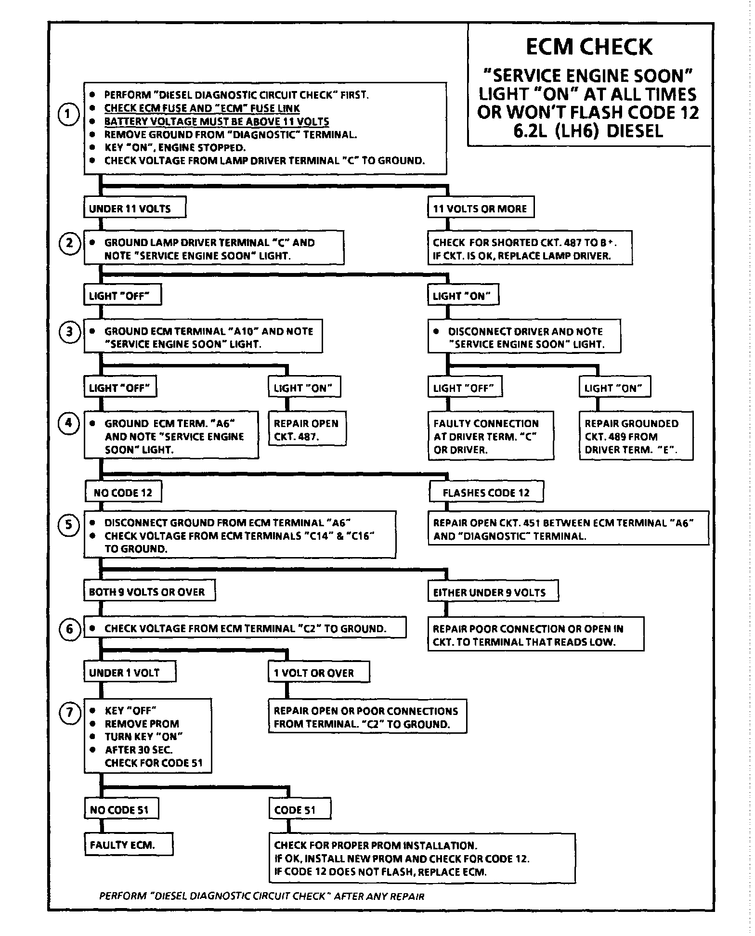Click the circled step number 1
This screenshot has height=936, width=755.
(69, 115)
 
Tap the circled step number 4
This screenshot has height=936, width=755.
(69, 423)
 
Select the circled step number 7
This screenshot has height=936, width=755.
(69, 712)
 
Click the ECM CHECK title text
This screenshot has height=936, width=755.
(588, 47)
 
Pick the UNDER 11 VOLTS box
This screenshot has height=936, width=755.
(135, 208)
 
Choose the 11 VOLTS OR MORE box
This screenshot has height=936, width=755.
(481, 208)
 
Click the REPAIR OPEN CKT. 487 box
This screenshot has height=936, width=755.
(307, 430)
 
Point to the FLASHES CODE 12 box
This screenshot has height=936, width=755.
(486, 493)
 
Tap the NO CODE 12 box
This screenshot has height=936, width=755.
(123, 493)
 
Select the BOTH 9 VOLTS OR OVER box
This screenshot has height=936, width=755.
(149, 592)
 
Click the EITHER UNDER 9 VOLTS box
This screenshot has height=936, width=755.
(493, 592)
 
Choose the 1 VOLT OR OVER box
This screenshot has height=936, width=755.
(319, 673)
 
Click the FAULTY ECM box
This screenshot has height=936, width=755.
(129, 845)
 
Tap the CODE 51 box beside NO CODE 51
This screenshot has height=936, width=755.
(299, 810)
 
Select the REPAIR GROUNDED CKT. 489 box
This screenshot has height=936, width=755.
(636, 436)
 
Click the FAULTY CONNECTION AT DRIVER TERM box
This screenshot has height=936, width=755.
(491, 436)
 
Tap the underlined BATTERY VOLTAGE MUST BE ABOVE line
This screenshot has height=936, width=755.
(217, 121)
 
